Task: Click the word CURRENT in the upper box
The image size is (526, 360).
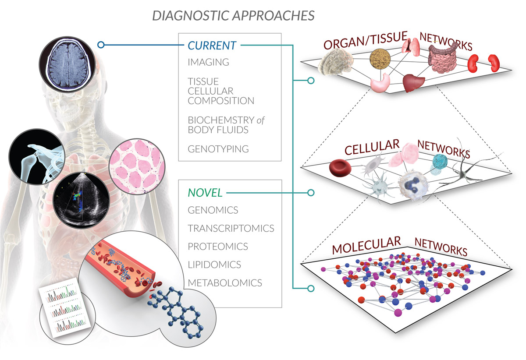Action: (x=212, y=45)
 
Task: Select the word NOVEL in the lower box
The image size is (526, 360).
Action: (x=205, y=192)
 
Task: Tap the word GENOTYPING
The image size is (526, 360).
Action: (x=218, y=149)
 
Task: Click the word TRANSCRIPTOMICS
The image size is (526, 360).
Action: (x=231, y=228)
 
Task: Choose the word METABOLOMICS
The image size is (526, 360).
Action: (x=225, y=282)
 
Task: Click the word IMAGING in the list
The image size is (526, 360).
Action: (x=208, y=62)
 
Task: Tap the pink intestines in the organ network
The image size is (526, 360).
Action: (x=444, y=59)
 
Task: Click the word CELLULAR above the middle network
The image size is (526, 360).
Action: (x=372, y=148)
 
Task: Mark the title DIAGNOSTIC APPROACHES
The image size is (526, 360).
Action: (x=233, y=16)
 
